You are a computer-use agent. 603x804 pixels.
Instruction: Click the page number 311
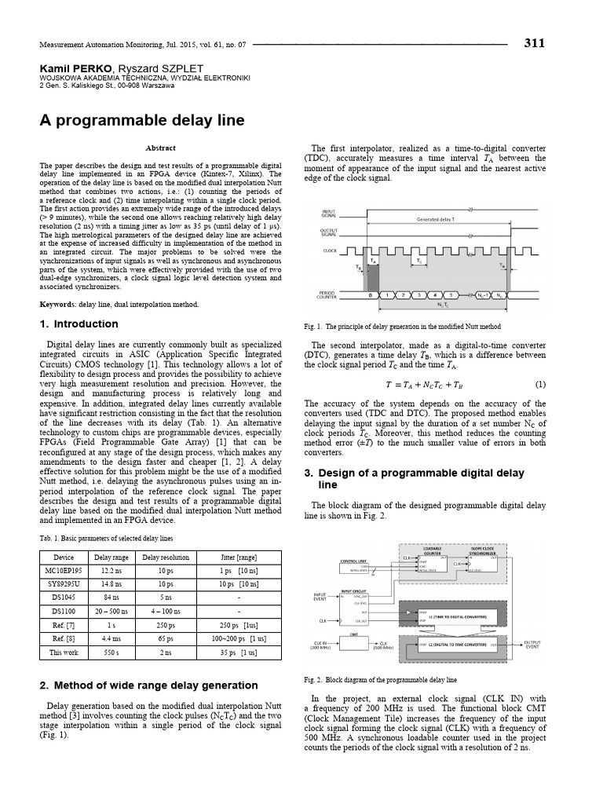[x=534, y=43]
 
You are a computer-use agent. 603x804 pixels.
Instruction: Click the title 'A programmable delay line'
[x=142, y=120]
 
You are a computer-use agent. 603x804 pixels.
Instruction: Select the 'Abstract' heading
[x=161, y=148]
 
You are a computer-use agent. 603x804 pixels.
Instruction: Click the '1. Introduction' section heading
[x=79, y=323]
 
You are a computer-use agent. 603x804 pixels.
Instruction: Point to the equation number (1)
[x=540, y=384]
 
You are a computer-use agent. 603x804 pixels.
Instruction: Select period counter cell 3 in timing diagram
[x=419, y=295]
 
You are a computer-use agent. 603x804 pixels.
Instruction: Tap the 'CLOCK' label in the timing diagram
[x=330, y=251]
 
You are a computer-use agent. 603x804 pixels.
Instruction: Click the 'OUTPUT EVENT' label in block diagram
[x=532, y=644]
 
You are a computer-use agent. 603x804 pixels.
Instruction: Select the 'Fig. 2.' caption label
[x=313, y=679]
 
